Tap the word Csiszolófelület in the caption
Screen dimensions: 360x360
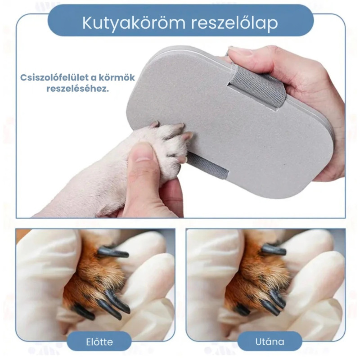(x=55, y=77)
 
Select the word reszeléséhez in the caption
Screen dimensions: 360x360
(x=77, y=89)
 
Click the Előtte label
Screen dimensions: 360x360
(x=99, y=342)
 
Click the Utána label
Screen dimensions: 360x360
(x=270, y=342)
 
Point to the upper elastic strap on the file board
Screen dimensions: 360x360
(x=257, y=88)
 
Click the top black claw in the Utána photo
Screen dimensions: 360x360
(x=274, y=250)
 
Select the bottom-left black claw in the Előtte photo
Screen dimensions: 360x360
(x=84, y=312)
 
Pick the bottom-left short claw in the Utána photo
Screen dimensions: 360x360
(x=242, y=310)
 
